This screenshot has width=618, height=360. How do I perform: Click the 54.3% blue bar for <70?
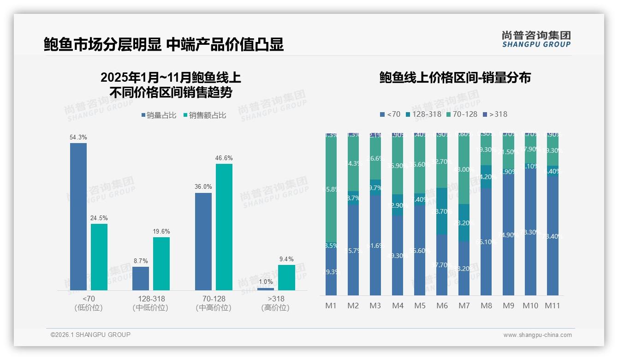tap(78, 216)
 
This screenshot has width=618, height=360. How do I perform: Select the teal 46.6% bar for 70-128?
tap(224, 227)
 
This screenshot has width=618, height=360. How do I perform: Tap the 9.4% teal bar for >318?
tap(286, 277)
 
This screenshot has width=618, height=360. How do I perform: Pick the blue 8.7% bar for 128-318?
tap(141, 278)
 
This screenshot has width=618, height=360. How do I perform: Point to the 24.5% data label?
tap(99, 218)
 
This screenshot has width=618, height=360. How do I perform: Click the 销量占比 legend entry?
tap(159, 115)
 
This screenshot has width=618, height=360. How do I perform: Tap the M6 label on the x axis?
tap(442, 306)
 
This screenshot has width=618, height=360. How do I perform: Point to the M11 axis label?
tap(552, 306)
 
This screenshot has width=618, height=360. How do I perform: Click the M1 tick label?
tap(331, 306)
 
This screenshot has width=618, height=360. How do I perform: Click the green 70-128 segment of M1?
tap(331, 189)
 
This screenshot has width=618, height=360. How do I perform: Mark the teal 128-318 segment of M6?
tap(442, 211)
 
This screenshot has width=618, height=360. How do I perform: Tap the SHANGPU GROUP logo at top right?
tap(536, 39)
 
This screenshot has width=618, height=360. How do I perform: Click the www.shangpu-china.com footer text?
tap(537, 335)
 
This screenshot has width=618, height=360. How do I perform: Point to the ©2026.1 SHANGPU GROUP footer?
tap(90, 335)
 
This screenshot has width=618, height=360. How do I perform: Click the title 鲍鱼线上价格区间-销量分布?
tap(455, 78)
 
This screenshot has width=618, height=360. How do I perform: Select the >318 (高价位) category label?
tap(275, 303)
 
